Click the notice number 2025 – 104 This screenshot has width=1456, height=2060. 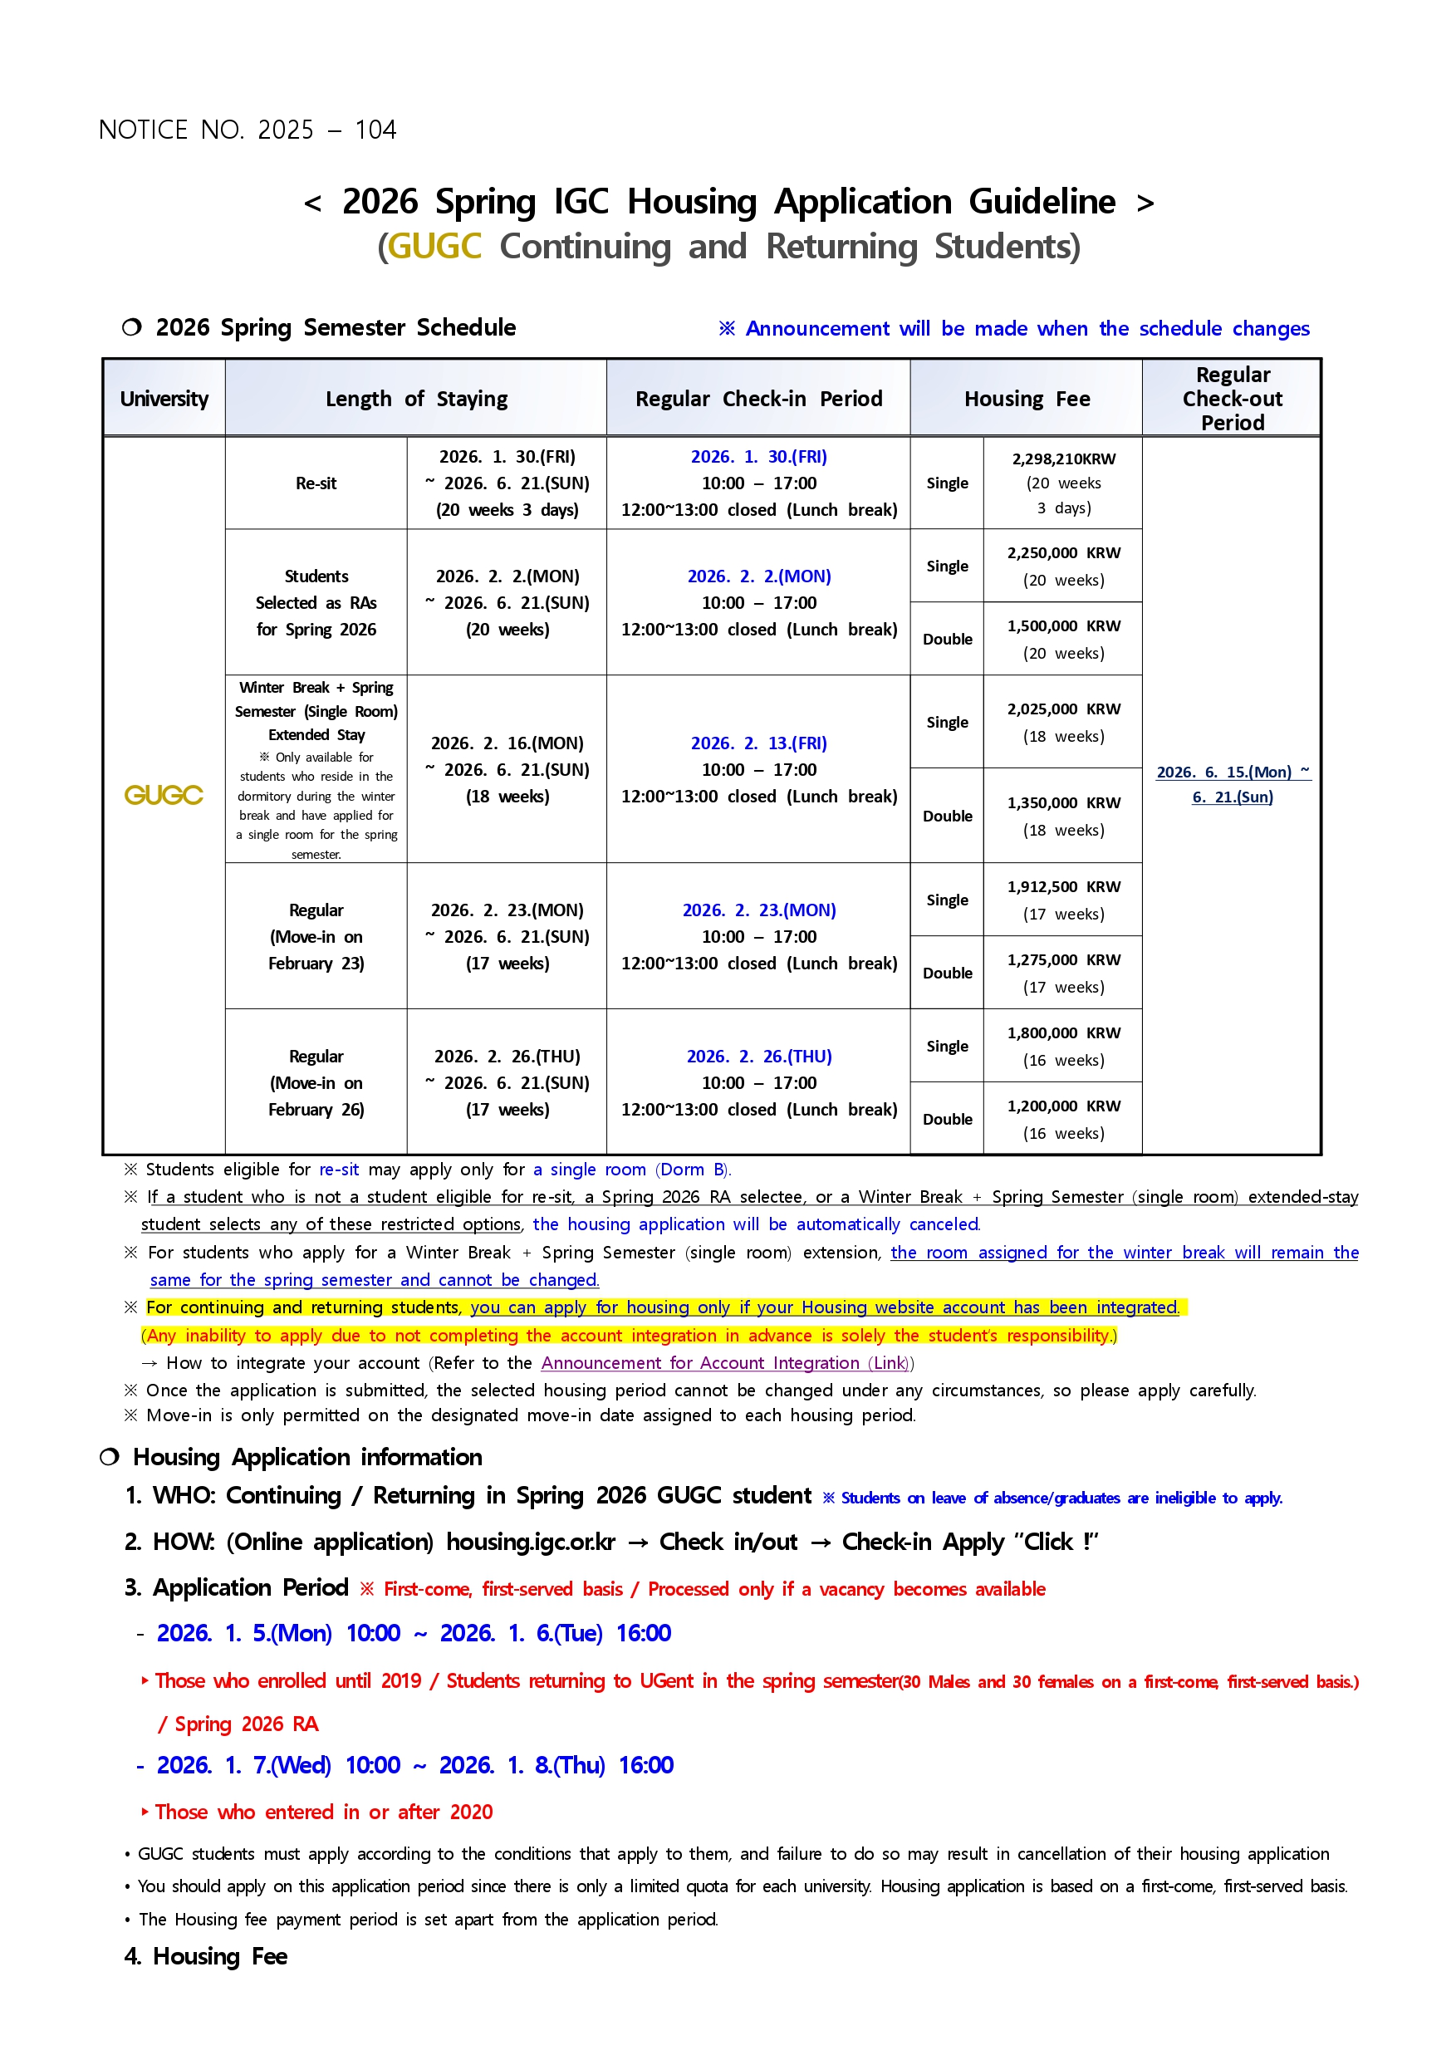248,130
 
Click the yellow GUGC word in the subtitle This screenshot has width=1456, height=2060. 434,247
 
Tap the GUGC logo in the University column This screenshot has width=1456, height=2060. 164,795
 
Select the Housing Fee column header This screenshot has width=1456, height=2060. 1027,399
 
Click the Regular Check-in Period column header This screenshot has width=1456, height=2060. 758,399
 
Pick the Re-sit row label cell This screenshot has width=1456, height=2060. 316,483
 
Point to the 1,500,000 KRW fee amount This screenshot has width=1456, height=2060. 1063,626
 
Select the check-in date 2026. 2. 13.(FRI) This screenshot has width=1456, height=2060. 758,743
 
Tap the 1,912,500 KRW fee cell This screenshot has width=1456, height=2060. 1063,887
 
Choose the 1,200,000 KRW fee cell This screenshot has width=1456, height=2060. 1063,1106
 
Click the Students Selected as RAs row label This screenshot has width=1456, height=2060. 316,603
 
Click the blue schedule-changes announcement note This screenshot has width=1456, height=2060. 1014,328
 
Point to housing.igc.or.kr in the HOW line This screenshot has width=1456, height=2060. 530,1543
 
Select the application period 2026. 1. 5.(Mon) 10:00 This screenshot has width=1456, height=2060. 278,1634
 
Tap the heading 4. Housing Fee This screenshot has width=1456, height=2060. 206,1957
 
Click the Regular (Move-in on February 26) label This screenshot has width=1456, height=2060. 316,1083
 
